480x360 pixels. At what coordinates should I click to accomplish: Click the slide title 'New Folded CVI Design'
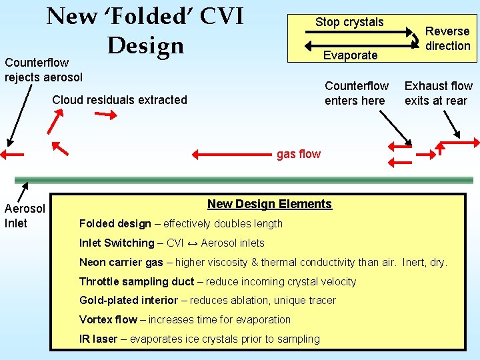point(145,30)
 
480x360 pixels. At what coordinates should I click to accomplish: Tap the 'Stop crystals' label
point(349,22)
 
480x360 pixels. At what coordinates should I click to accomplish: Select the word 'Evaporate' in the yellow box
point(350,55)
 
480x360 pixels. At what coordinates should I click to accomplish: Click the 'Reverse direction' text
point(448,39)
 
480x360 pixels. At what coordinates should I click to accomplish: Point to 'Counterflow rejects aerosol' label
point(43,69)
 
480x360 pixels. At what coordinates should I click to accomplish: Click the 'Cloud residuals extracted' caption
point(120,100)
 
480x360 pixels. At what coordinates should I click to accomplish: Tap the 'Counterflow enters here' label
point(356,93)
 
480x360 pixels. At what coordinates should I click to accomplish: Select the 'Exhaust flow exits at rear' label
point(438,93)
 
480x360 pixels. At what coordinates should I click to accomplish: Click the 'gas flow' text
point(299,154)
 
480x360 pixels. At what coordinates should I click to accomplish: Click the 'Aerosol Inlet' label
point(25,216)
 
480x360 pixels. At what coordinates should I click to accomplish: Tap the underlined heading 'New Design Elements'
point(269,204)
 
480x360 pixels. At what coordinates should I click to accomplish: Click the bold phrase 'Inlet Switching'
point(117,243)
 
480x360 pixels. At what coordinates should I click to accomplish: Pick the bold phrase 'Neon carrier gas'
point(121,263)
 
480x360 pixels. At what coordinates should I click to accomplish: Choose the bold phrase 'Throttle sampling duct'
point(137,282)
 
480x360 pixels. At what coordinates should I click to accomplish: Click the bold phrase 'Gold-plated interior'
point(129,301)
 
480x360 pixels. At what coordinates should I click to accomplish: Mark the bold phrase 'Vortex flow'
point(108,320)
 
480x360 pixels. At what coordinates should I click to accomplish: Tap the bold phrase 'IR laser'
point(98,339)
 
